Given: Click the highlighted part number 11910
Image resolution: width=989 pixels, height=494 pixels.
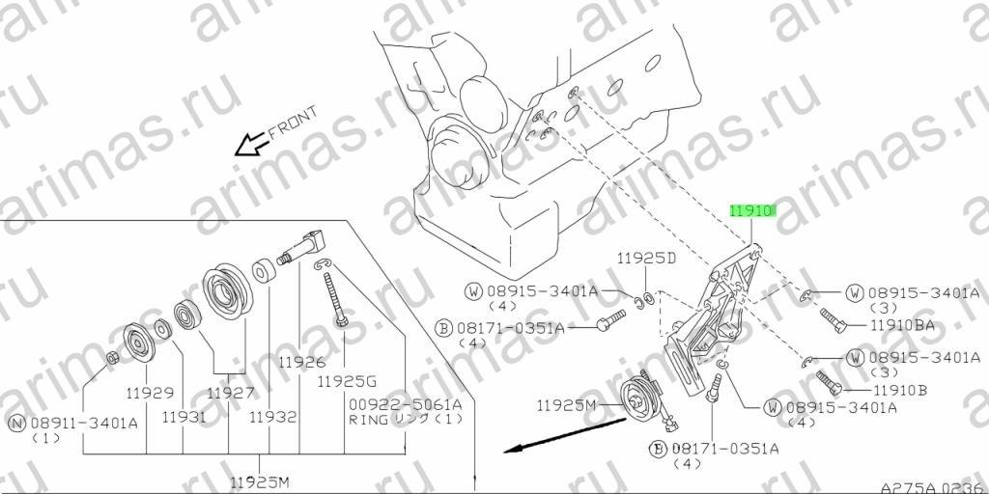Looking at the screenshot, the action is [751, 211].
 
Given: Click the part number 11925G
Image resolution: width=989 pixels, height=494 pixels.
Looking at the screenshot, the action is [347, 380].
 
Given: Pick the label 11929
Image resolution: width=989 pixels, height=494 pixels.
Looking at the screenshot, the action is [150, 394].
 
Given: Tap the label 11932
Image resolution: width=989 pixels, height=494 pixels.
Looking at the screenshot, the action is [272, 417].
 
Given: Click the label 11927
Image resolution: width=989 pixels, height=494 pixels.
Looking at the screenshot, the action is [231, 394].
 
